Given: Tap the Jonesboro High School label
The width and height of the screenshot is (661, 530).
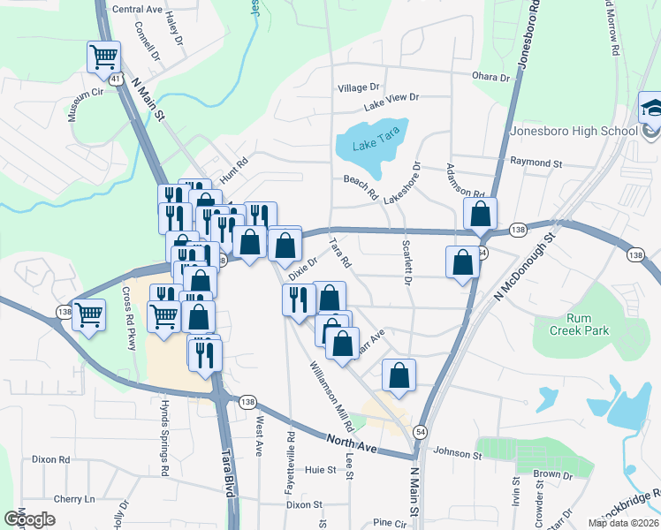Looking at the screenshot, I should click(x=574, y=132).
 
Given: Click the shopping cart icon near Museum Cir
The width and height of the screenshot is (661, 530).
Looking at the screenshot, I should click(x=104, y=58).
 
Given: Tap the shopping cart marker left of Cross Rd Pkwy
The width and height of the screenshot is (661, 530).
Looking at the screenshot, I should click(x=88, y=314).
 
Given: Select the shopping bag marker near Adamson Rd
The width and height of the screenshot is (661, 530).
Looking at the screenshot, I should click(x=480, y=214).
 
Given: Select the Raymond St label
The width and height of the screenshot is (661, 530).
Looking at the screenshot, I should click(x=536, y=163).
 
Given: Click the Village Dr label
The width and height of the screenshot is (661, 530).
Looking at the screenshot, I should click(x=358, y=87).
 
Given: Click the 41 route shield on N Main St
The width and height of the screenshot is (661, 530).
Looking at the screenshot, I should click(x=116, y=79).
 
